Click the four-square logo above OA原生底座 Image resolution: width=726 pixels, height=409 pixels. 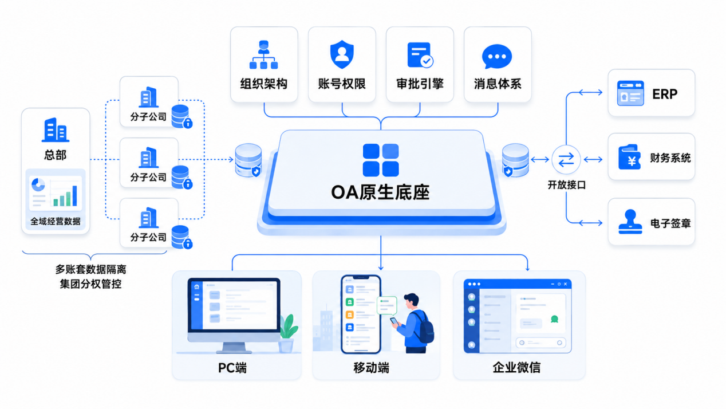coord(381,160)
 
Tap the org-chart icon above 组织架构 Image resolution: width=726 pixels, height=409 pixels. coord(264,54)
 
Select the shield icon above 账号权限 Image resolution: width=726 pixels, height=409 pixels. coord(342,54)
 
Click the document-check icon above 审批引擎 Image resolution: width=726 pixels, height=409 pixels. coord(420,55)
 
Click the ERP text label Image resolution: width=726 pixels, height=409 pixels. coord(665,95)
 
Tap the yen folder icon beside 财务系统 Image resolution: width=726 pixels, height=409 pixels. coord(629,157)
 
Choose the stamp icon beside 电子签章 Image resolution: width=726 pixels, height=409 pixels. coord(630,222)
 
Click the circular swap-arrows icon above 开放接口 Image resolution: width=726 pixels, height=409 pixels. coord(566,160)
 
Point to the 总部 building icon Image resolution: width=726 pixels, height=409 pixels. coord(56,129)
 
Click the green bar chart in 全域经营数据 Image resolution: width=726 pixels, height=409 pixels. coord(65,196)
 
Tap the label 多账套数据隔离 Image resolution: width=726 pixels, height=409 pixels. coord(90,269)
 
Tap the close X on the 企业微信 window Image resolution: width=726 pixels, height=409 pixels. coord(566,284)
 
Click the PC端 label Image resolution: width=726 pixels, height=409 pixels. coord(232,368)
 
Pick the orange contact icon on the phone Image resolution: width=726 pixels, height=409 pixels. coord(350,314)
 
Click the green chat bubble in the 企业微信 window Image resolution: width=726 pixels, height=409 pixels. coord(555,319)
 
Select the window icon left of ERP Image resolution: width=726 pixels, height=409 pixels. coord(630,93)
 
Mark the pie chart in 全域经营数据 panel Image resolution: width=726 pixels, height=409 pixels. coord(38,185)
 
